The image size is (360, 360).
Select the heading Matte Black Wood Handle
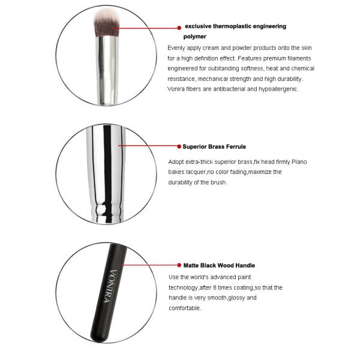pyautogui.click(x=219, y=265)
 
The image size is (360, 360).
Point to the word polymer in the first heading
pyautogui.click(x=195, y=37)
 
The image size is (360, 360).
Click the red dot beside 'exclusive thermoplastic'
pyautogui.click(x=178, y=27)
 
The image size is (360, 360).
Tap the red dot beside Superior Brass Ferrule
pyautogui.click(x=178, y=146)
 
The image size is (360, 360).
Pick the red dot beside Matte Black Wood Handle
pyautogui.click(x=178, y=265)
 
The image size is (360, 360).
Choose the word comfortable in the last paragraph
pyautogui.click(x=185, y=308)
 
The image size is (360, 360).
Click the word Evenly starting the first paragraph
pyautogui.click(x=177, y=47)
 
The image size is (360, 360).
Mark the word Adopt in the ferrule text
pyautogui.click(x=178, y=162)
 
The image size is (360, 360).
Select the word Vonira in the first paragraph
pyautogui.click(x=176, y=89)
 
